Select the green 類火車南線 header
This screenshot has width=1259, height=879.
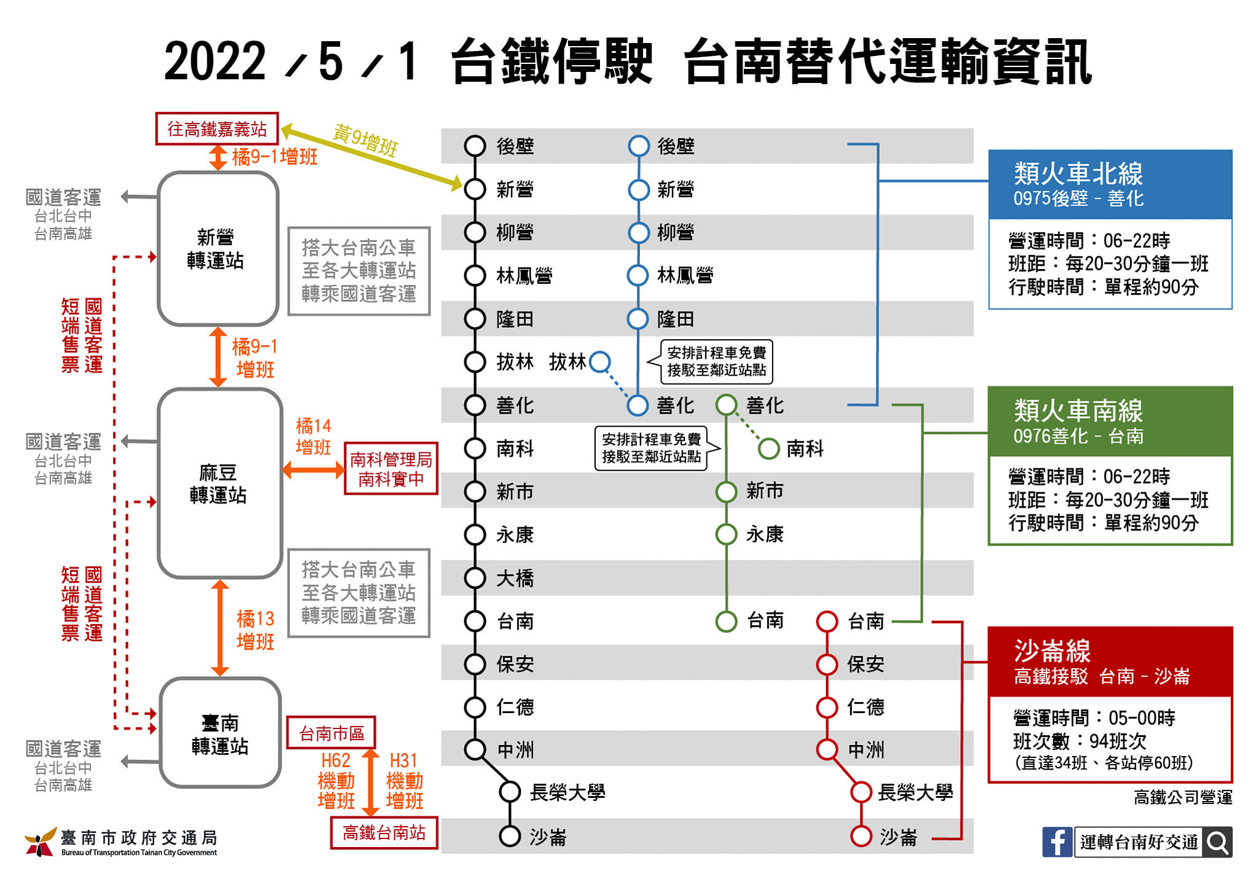[x=1110, y=421]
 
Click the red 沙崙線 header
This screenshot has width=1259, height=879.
[x=1110, y=661]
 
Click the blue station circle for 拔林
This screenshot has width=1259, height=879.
[x=600, y=361]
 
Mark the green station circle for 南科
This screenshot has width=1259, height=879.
[x=768, y=449]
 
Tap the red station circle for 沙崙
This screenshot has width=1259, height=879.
[x=861, y=836]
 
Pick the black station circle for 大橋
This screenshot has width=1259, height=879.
[x=475, y=578]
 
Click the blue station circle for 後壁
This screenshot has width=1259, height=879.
[x=639, y=146]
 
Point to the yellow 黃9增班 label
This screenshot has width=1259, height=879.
[x=366, y=140]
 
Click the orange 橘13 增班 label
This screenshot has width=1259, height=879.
[x=255, y=630]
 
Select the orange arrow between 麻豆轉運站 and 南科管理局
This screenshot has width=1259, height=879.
[x=314, y=471]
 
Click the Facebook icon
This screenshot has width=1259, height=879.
[x=1057, y=842]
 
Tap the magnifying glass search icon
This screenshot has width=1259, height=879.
[x=1218, y=842]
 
